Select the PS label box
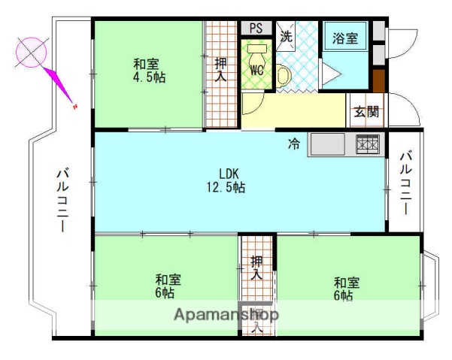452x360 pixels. click(256, 29)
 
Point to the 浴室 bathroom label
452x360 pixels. click(345, 36)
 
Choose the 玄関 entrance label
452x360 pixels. click(366, 112)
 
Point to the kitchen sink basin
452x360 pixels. click(327, 143)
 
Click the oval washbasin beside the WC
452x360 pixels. click(284, 74)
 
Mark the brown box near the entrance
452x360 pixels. click(378, 79)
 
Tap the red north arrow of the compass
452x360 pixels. click(61, 86)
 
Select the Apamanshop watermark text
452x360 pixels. click(226, 315)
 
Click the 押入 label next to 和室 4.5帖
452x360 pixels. click(220, 70)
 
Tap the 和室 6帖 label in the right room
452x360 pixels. click(346, 289)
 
